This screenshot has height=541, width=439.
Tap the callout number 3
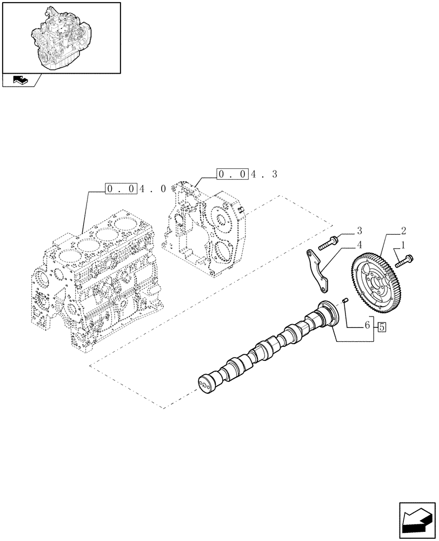[359, 230]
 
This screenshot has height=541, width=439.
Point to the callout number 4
[359, 244]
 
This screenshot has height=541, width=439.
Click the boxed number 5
[382, 326]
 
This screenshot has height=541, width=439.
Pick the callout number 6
[367, 326]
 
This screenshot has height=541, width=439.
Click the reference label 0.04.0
[129, 189]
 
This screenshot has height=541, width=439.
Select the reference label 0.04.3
[247, 174]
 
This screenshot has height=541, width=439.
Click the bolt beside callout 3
[329, 242]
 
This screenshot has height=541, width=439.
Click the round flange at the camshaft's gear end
[328, 314]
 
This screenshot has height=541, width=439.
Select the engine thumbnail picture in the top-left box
[61, 37]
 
